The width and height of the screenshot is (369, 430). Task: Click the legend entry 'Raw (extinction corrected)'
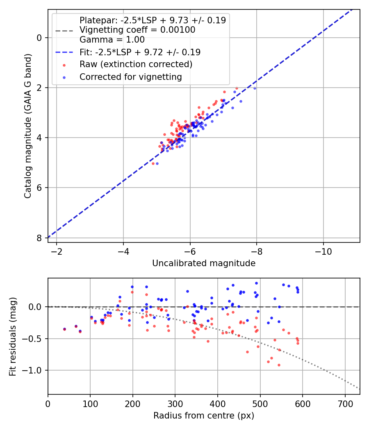[x=136, y=64]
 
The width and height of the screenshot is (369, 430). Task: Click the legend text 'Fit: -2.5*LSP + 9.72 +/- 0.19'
[x=140, y=52]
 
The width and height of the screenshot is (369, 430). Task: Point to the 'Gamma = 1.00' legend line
[x=112, y=40]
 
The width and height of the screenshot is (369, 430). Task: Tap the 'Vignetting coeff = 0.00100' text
[x=137, y=30]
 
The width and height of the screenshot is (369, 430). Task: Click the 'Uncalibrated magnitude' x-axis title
[x=204, y=263]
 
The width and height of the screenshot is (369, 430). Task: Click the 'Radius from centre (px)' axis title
[x=204, y=416]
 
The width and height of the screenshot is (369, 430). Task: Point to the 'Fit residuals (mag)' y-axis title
[x=13, y=336]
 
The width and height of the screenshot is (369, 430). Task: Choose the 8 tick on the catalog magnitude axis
[x=40, y=238]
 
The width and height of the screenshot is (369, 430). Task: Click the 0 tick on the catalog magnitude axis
[x=40, y=38]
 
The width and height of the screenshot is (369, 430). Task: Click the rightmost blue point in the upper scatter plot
[x=255, y=88]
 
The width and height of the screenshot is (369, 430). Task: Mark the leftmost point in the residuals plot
[x=64, y=329]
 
